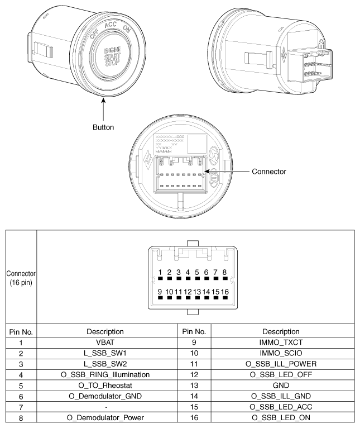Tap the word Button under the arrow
(103, 127)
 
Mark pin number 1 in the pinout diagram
(160, 273)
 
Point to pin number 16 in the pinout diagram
(225, 291)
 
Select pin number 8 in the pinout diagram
(225, 273)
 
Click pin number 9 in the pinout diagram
(160, 291)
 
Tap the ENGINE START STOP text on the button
(112, 56)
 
